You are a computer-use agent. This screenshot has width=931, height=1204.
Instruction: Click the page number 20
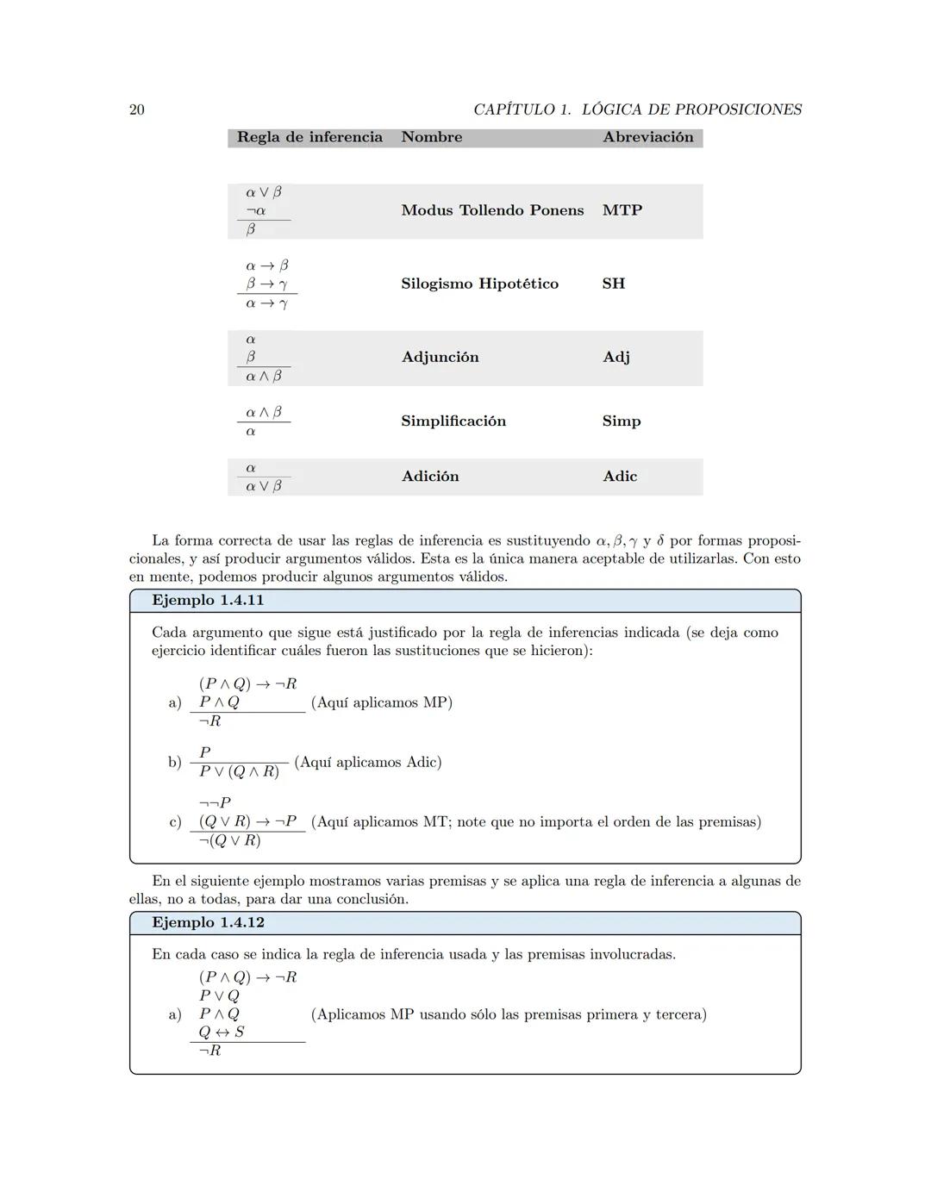[x=137, y=109]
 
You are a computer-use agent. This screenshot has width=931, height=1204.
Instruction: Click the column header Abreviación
[x=647, y=137]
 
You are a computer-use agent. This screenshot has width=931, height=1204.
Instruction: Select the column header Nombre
[x=431, y=137]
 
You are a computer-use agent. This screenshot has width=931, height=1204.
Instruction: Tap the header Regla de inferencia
[x=309, y=137]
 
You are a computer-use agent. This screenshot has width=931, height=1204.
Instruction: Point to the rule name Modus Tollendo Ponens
[x=492, y=210]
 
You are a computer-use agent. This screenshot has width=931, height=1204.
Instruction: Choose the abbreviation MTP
[x=622, y=210]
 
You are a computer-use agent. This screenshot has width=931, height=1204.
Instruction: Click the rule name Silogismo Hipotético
[x=479, y=284]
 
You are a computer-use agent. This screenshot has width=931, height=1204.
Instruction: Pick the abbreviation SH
[x=613, y=284]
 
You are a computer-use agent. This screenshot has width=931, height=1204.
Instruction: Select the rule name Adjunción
[x=440, y=357]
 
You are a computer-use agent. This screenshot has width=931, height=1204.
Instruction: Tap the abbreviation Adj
[x=615, y=357]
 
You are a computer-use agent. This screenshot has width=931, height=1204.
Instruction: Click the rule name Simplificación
[x=453, y=421]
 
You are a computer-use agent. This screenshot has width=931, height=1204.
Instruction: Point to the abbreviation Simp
[x=621, y=421]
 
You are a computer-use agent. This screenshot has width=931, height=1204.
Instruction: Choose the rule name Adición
[x=429, y=477]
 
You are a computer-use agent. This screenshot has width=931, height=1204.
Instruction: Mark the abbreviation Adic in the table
[x=619, y=477]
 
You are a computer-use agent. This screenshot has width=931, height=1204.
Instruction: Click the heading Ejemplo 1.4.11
[x=208, y=601]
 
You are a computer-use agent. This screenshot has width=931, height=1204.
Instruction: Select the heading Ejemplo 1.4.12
[x=208, y=923]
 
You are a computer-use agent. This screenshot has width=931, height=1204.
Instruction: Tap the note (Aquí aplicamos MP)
[x=381, y=702]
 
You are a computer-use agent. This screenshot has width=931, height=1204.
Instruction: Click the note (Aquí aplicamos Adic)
[x=367, y=762]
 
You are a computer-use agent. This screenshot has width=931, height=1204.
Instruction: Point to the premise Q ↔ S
[x=222, y=1032]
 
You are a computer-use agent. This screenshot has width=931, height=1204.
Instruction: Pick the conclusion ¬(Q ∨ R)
[x=229, y=840]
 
